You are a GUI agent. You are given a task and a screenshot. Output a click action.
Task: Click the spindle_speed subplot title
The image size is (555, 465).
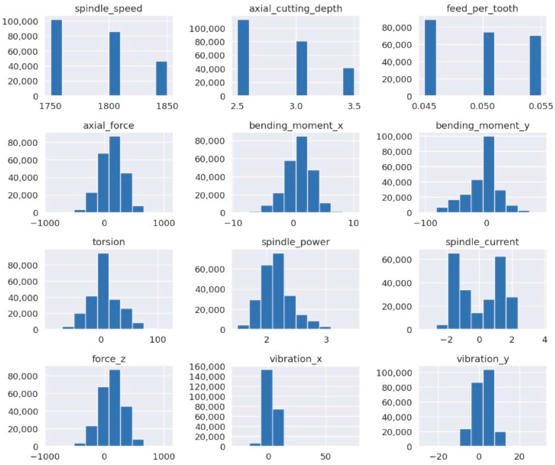[x=109, y=8]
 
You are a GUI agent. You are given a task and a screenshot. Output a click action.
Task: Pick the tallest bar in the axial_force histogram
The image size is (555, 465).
[x=115, y=174]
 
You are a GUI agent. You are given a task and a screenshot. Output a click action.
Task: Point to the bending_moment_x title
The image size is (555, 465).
[x=296, y=125]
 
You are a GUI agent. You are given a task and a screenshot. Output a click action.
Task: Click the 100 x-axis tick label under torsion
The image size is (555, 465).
[x=158, y=340]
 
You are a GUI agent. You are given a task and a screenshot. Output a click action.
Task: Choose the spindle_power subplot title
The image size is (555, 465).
[x=296, y=242]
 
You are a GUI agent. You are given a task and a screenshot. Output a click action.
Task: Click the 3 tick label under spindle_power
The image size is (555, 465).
[x=326, y=340]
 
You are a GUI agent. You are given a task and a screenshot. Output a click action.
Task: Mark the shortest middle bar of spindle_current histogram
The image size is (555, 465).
[x=477, y=321]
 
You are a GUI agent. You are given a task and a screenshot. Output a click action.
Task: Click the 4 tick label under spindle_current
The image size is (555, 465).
[x=544, y=340]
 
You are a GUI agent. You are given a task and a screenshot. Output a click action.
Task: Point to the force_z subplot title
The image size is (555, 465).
[x=109, y=359]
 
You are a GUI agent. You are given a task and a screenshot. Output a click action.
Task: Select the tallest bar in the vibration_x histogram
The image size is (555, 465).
[x=267, y=408]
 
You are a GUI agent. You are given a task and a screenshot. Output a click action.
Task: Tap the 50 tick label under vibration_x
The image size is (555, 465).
[x=325, y=457]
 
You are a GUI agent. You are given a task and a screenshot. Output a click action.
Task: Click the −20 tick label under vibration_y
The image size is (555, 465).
[x=437, y=457]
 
